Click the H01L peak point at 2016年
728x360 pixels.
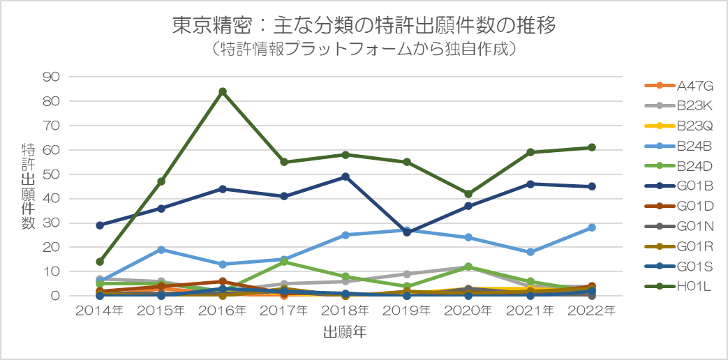(223, 91)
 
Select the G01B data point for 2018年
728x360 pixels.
(346, 177)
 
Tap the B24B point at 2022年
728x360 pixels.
(591, 227)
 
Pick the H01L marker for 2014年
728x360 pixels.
(100, 262)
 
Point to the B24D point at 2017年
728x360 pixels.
(284, 262)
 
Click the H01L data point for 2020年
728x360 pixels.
(468, 194)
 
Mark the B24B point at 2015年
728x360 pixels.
(161, 250)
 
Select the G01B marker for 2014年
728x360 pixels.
(100, 225)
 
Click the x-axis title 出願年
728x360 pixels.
(346, 333)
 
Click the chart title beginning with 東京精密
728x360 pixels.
(364, 27)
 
